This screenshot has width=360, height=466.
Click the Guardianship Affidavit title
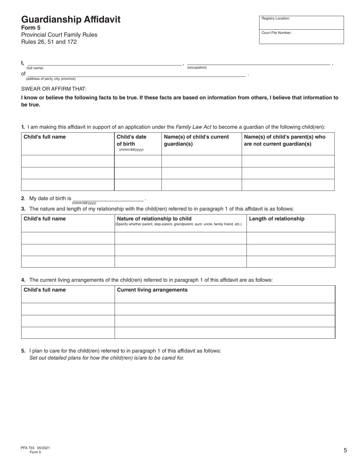[71, 20]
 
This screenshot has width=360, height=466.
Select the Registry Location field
[301, 23]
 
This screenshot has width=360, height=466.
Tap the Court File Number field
[301, 37]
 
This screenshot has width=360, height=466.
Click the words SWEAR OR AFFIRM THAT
[54, 89]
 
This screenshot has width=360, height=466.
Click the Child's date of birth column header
[131, 140]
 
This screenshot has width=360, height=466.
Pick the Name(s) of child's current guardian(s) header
[196, 140]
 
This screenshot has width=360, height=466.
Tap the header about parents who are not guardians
[285, 140]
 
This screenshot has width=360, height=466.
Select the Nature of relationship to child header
[154, 219]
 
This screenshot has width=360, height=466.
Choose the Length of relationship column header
[277, 219]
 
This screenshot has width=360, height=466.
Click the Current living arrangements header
[152, 290]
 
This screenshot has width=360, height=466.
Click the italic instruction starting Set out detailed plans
[106, 358]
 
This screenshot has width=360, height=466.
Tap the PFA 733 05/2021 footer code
[35, 448]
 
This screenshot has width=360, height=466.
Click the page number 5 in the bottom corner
[345, 450]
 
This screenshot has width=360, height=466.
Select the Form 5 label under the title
[31, 28]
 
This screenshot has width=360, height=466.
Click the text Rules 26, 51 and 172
[49, 42]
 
